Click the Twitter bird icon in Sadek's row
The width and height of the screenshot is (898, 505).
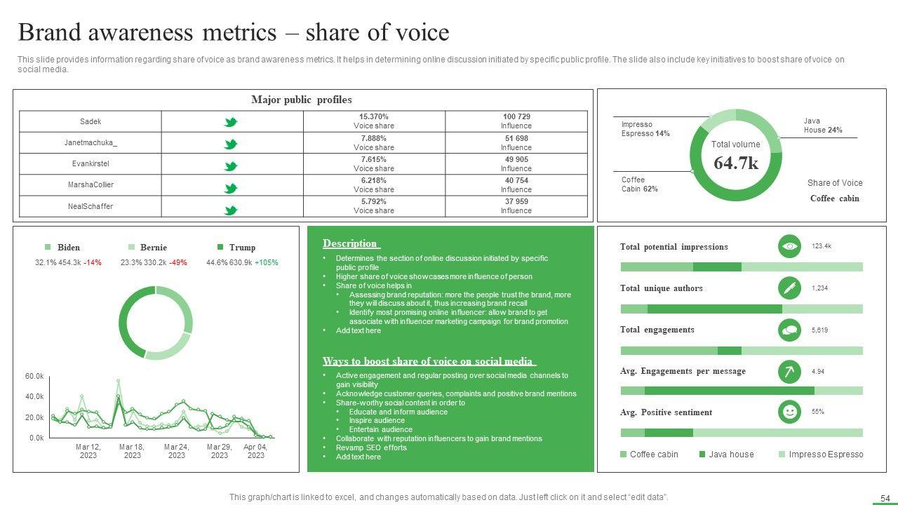click(x=230, y=122)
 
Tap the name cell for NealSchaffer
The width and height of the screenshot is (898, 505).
click(x=91, y=206)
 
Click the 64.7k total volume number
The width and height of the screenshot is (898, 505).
click(x=736, y=163)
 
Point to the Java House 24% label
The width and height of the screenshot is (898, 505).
click(x=823, y=126)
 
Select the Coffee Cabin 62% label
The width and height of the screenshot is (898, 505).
click(x=639, y=184)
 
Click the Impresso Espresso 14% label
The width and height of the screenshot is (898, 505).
click(x=645, y=129)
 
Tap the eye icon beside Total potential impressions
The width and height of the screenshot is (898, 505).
click(x=790, y=246)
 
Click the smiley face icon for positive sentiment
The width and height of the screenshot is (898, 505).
click(x=790, y=412)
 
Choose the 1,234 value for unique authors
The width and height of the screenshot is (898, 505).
click(x=820, y=288)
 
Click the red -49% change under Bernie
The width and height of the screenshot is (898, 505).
click(x=178, y=263)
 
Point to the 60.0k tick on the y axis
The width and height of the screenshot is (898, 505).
click(x=34, y=377)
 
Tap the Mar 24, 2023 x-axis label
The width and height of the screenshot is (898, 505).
click(x=177, y=451)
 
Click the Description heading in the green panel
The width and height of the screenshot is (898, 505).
click(x=351, y=244)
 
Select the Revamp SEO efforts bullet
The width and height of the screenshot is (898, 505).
click(x=371, y=447)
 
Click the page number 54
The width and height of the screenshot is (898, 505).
click(x=885, y=498)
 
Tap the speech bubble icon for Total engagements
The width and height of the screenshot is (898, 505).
click(x=790, y=329)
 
